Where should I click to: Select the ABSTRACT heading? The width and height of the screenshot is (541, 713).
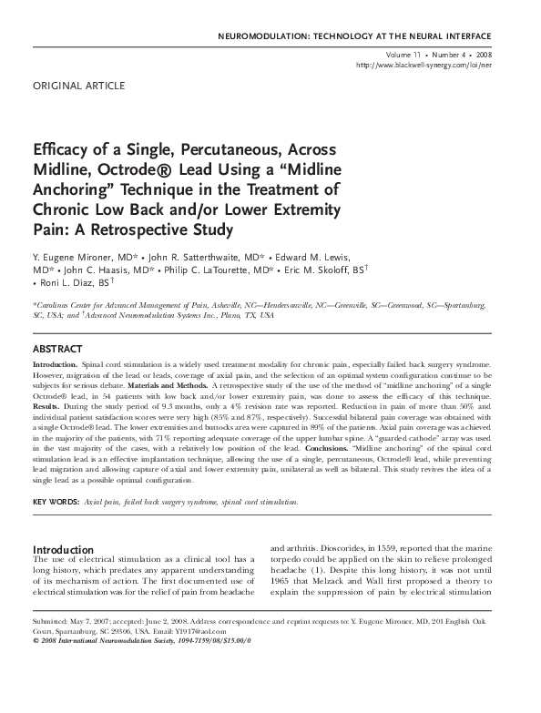58,349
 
